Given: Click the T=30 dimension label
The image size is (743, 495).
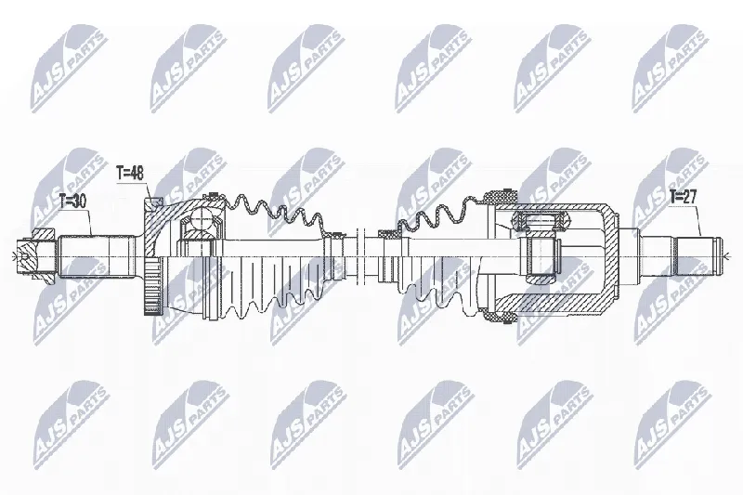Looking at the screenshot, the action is click(73, 202).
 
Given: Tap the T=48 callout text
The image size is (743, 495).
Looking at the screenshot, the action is click(130, 174).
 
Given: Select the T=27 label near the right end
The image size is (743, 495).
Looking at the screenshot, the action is click(683, 197).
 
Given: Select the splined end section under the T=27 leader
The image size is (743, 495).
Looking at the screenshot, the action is click(696, 256).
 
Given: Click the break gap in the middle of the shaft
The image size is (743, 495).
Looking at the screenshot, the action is click(361, 254).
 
